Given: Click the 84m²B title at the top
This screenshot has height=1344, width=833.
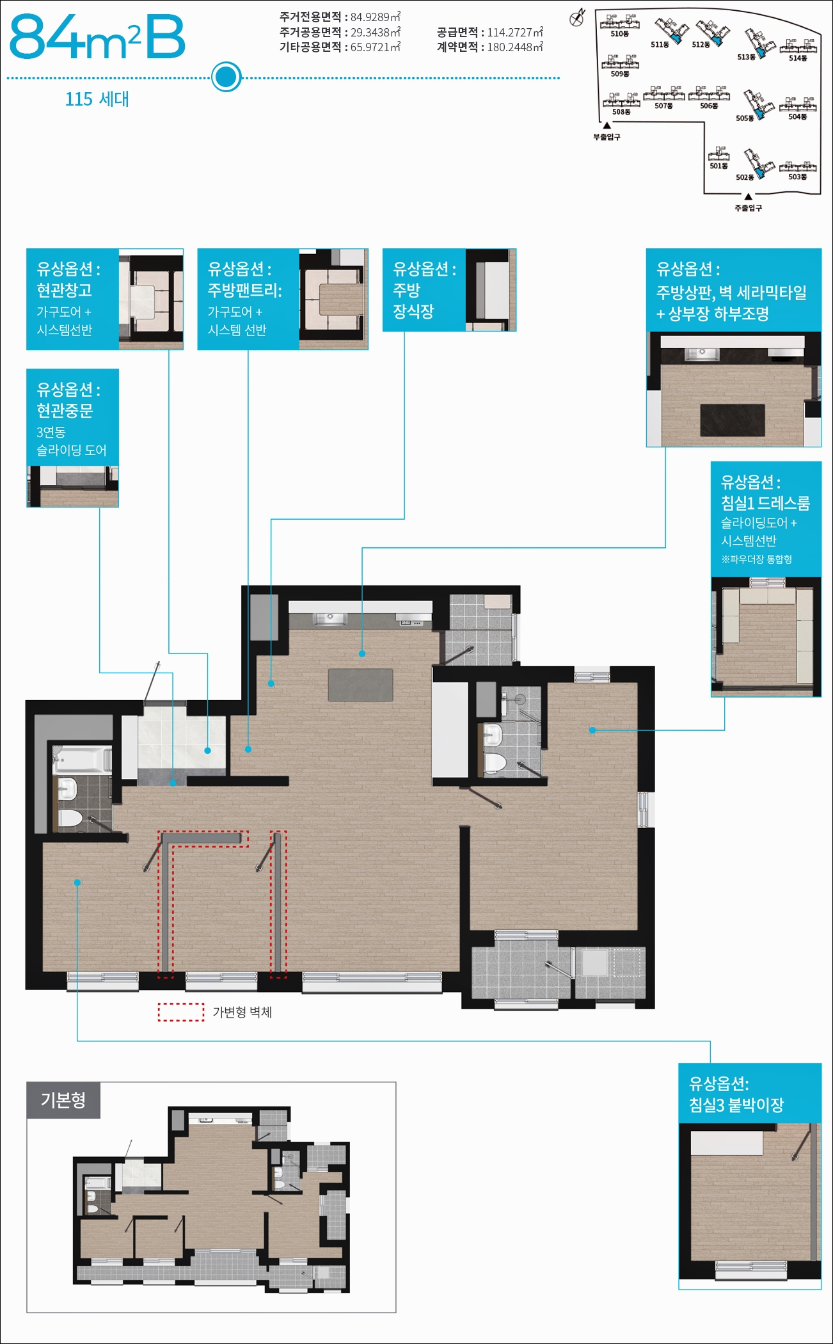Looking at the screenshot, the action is pos(97,38).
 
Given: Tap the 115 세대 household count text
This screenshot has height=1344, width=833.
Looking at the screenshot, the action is pos(97,99).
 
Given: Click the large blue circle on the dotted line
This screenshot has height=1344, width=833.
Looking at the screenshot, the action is pos(226,77).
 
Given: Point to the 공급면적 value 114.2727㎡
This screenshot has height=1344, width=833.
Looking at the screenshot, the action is pos(515,32).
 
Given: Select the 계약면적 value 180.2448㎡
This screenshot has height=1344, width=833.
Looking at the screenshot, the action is pos(515,47).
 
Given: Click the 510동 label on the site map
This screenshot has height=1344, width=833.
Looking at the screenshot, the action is pos(619,34).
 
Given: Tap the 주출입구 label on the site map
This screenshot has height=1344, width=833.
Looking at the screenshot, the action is pos(748,208).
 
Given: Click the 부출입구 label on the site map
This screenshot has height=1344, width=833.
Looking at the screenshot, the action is pos(607,137).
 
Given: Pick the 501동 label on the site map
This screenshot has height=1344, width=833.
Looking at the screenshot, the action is pos(718,166).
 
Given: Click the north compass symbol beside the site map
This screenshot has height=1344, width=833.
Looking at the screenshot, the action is pos(577,17).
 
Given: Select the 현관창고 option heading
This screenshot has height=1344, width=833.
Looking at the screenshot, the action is pos(64,290).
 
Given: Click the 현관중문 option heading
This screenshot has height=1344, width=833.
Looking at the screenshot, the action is pos(65,410).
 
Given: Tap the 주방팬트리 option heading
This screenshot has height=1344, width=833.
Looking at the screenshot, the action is pos(245,290).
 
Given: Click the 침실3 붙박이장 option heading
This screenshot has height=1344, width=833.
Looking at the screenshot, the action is pos(736,1105).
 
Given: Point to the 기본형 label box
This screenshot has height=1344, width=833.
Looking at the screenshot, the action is pos(63,1100).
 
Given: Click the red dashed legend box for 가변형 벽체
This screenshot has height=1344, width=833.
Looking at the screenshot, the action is pos(181,1012).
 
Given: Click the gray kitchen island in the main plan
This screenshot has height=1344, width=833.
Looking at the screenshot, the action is pos(361,685).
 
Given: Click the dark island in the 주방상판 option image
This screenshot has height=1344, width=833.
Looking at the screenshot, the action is pos(733,420).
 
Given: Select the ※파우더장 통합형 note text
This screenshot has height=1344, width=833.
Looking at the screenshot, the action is pos(757,559).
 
